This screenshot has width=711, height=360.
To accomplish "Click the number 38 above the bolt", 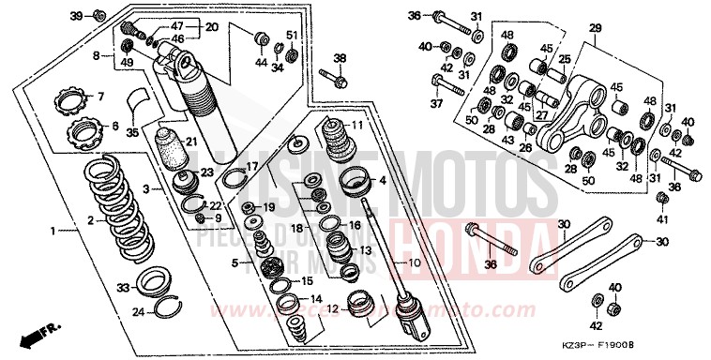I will pyautogui.click(x=340, y=57).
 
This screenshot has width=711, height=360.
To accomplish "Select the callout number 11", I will pyautogui.click(x=357, y=126).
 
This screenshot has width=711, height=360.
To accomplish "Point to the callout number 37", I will pyautogui.click(x=436, y=103).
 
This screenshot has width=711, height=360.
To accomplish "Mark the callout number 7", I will pyautogui.click(x=101, y=97).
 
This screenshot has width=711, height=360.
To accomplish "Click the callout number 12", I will pyautogui.click(x=332, y=307).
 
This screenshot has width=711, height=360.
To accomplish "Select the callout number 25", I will pyautogui.click(x=565, y=58).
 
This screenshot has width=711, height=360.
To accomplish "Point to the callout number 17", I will pyautogui.click(x=251, y=167).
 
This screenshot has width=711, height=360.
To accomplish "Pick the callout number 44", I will pyautogui.click(x=262, y=64).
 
